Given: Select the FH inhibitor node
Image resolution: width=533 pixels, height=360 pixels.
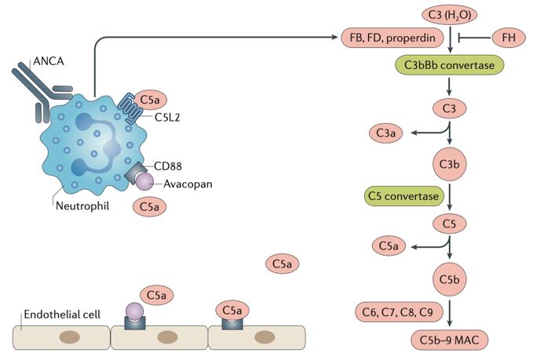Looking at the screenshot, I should (x=507, y=37).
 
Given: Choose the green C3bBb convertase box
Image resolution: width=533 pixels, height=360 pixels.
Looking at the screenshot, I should (x=447, y=65).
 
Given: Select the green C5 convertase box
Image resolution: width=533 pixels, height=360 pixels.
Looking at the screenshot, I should (x=405, y=192).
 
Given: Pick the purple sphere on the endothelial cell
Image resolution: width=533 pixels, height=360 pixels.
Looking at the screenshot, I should (x=136, y=312).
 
